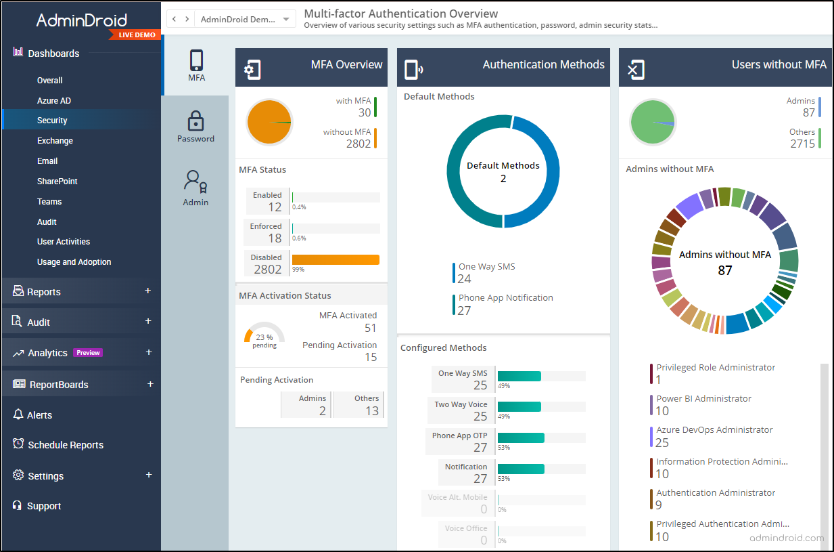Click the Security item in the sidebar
pos(52,121)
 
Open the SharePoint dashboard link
pos(57,182)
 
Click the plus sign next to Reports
pos(148,291)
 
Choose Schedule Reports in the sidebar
pos(66,445)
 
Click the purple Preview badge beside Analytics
pos(88,353)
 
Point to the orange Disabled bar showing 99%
pos(335,259)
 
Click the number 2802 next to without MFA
pos(358,144)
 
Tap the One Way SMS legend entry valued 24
pos(486,272)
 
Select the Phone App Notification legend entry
pos(505,303)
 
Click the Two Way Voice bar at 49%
pos(519,406)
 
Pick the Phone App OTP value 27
pos(480,448)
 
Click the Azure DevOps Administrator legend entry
pos(714,436)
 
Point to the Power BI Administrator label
pos(703,399)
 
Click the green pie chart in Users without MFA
pos(653,123)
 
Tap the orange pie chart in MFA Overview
pos(269,122)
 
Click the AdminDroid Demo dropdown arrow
pos(286,20)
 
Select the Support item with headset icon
pos(43,506)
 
